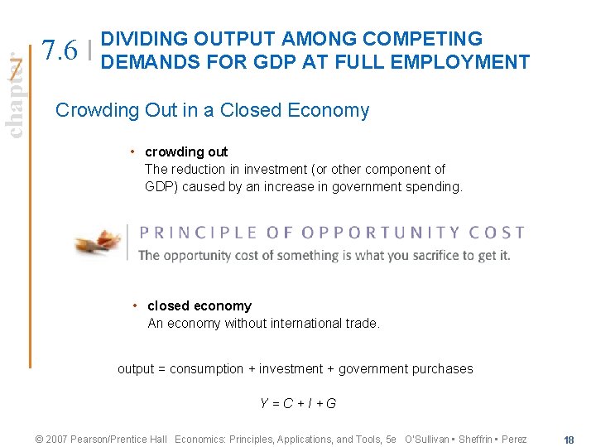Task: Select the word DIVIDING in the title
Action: point(145,39)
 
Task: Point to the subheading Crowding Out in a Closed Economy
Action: point(212,110)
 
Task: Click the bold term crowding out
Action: point(186,151)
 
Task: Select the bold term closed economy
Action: point(199,305)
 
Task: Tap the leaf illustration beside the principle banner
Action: point(98,242)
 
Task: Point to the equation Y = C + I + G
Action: point(298,403)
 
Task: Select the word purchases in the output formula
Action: point(445,368)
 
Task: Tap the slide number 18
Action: point(569,440)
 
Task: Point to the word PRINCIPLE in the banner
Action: point(186,233)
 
